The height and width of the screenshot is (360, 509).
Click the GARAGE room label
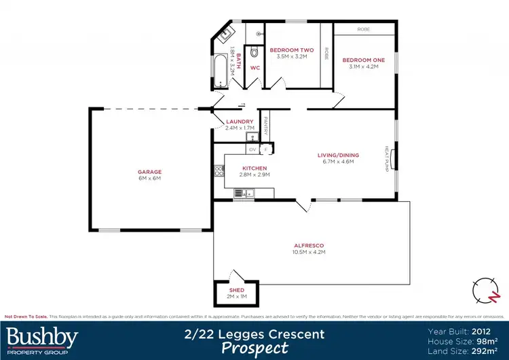click(149, 172)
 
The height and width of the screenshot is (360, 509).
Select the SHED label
click(236, 289)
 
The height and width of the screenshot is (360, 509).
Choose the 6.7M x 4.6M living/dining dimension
click(338, 162)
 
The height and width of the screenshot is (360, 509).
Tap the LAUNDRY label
click(240, 122)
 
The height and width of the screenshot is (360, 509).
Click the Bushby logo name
click(42, 336)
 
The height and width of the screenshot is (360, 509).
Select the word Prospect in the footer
click(255, 348)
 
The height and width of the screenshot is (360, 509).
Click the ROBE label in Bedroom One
click(364, 30)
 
